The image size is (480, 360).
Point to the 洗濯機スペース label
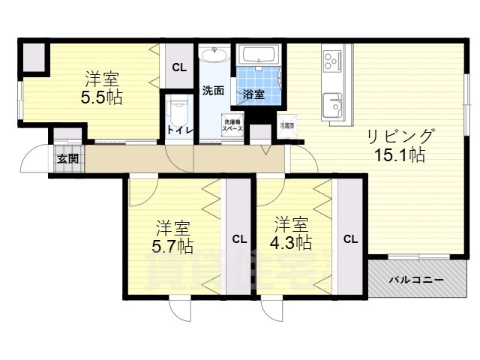(x=231, y=125)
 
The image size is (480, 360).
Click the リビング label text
(x=400, y=136)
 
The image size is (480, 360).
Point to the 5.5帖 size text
(x=102, y=97)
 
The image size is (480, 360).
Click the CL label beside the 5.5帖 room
(x=180, y=67)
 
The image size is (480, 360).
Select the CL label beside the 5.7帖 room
(x=238, y=240)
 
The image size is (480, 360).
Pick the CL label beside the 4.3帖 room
(x=350, y=240)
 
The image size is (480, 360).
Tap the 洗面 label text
(x=212, y=91)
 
